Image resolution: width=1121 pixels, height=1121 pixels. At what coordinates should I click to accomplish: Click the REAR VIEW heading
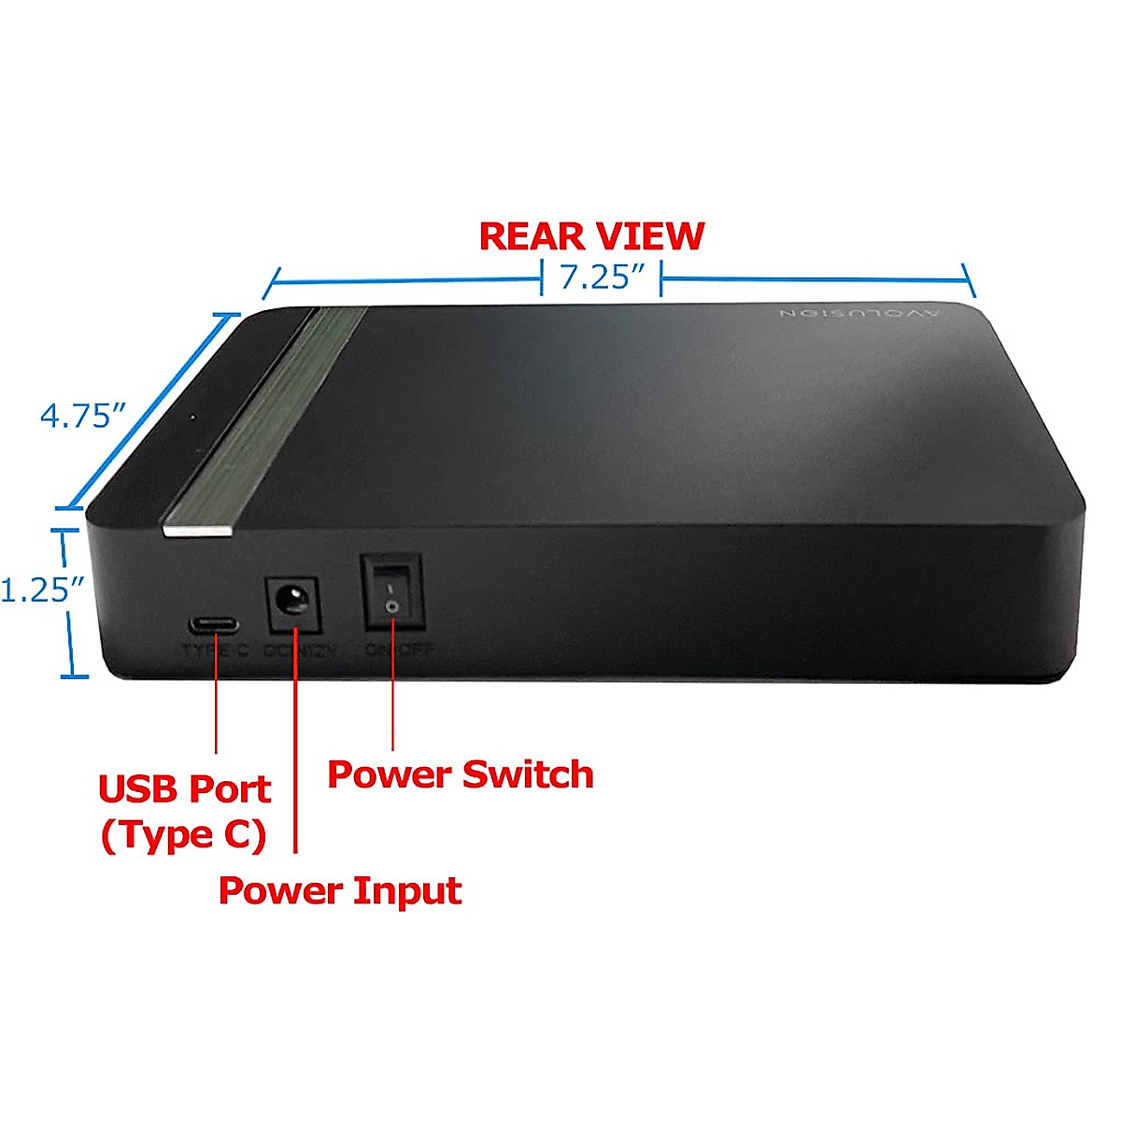591,236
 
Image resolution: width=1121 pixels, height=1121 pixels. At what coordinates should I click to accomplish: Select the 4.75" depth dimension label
82,415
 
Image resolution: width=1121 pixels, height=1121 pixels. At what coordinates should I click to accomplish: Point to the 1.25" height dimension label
41,590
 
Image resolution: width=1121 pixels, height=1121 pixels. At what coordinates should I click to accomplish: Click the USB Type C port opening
215,625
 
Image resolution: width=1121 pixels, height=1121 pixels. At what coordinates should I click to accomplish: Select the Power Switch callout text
461,774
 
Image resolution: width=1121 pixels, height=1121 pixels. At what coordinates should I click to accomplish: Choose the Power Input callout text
340,890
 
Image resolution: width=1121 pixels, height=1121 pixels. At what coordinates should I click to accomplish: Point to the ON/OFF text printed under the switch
400,649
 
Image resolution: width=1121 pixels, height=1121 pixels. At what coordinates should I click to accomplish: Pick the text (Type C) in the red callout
184,834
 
